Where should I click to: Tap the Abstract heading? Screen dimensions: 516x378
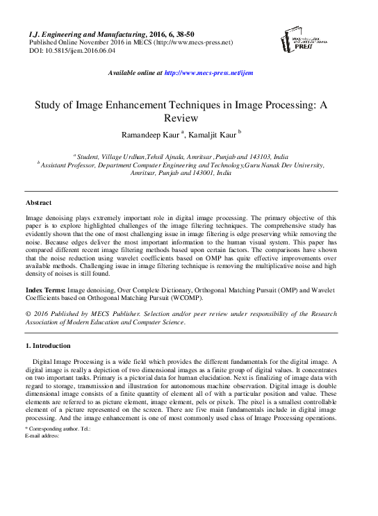(x=38, y=202)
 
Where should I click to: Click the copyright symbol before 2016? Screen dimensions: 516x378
(x=28, y=313)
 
